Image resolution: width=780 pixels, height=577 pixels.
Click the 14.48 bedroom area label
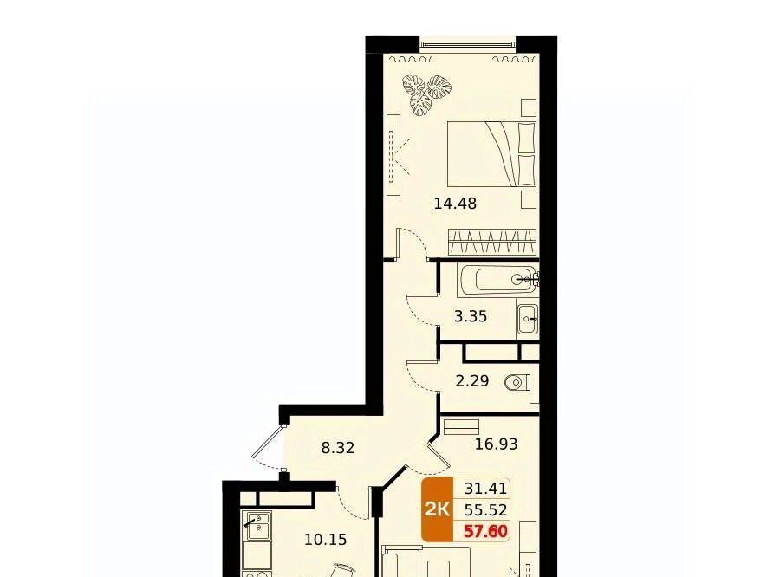tap(455, 203)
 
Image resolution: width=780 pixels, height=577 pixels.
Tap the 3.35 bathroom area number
tap(471, 316)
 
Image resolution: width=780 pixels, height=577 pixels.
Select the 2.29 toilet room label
tap(472, 380)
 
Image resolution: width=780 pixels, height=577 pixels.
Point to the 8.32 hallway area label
tap(338, 448)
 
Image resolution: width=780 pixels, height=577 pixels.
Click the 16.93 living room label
tap(496, 444)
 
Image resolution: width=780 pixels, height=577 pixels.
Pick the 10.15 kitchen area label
tap(326, 539)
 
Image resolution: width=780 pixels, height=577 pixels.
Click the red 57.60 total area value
tap(485, 531)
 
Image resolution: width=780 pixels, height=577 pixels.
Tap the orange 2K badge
tap(438, 509)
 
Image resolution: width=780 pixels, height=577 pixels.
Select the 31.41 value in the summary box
tap(485, 489)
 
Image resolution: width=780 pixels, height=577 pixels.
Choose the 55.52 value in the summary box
tap(485, 509)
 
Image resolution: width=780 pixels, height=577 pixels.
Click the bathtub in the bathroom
tap(498, 280)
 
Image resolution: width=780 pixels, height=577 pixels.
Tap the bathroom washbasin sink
tap(527, 317)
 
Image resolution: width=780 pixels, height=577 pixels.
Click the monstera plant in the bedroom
tap(426, 94)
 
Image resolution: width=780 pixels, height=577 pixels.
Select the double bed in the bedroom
tap(491, 154)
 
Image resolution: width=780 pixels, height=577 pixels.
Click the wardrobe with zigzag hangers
tap(492, 243)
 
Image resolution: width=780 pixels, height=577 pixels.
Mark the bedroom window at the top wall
tap(468, 44)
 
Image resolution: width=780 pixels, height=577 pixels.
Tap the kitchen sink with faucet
tap(257, 526)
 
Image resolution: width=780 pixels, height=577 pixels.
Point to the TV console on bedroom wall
tap(393, 155)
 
